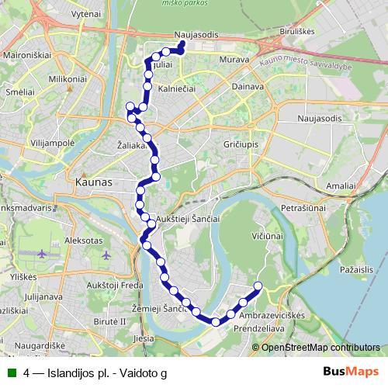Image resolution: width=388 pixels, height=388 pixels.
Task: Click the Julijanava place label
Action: tap(44, 296)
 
